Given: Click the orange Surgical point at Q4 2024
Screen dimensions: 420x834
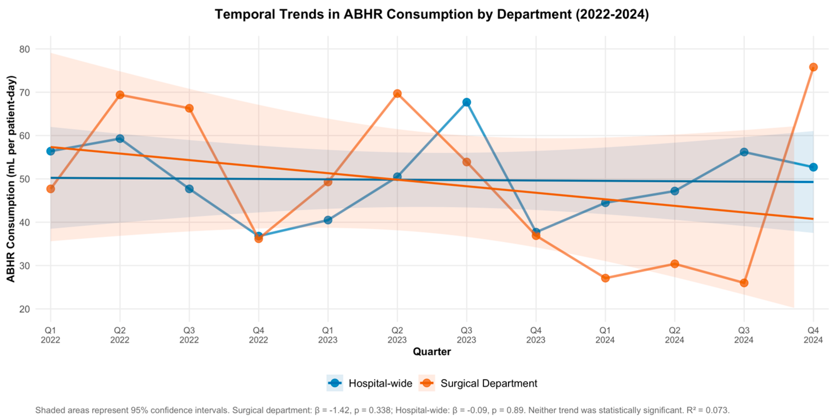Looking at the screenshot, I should [813, 67].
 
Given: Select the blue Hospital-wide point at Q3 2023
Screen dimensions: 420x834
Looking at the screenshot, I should [467, 102].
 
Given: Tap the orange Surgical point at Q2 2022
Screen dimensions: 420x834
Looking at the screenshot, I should [120, 95].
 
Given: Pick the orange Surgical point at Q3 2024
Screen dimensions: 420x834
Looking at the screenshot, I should [744, 283].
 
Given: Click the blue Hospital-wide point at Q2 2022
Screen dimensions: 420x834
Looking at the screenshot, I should [120, 139].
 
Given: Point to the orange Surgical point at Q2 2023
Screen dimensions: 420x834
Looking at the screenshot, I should [397, 94].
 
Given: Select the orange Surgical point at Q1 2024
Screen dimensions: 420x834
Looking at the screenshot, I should [605, 278].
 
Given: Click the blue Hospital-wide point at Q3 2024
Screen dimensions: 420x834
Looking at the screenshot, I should [744, 152].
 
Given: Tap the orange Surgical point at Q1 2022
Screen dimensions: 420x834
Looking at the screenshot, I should [51, 189].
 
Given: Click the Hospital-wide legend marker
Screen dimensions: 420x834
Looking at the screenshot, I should [335, 383].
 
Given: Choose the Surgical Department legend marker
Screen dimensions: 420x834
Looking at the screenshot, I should [427, 383].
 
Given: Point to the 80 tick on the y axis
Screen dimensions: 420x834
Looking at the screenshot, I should [25, 49].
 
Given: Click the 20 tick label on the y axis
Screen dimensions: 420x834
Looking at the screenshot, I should [25, 309].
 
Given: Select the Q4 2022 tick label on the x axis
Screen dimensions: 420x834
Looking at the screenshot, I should [258, 335].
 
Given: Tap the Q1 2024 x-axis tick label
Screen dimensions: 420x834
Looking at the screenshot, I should [605, 335].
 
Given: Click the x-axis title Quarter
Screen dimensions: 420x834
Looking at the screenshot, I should [431, 352].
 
